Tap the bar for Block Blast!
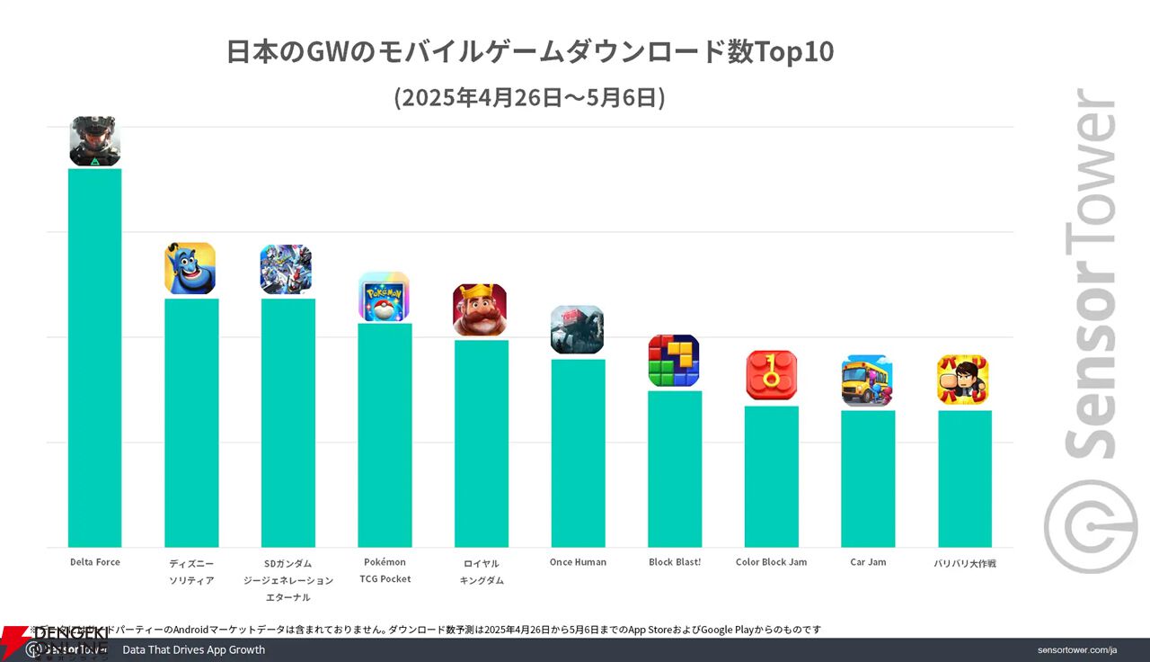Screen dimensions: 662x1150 [675, 469]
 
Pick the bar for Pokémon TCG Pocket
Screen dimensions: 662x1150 [385, 435]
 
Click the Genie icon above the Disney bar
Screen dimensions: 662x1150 [190, 268]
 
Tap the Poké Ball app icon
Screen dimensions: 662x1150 [385, 297]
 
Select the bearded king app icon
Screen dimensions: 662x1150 [480, 310]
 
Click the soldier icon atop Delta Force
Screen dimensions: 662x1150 [95, 141]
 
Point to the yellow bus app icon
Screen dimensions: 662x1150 [867, 380]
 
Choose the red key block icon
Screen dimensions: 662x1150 [772, 376]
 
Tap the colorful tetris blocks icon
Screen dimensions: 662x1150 [674, 361]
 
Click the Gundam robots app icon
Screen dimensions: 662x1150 [286, 269]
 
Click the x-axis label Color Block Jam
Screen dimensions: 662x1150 [771, 562]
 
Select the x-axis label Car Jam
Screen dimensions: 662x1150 [868, 562]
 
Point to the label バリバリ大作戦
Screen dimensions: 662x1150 [965, 563]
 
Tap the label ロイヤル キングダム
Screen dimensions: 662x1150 [482, 571]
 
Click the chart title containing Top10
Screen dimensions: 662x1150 [530, 52]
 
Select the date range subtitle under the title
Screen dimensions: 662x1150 [530, 97]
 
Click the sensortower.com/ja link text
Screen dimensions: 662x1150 [1076, 650]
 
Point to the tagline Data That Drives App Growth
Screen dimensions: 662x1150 [194, 650]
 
